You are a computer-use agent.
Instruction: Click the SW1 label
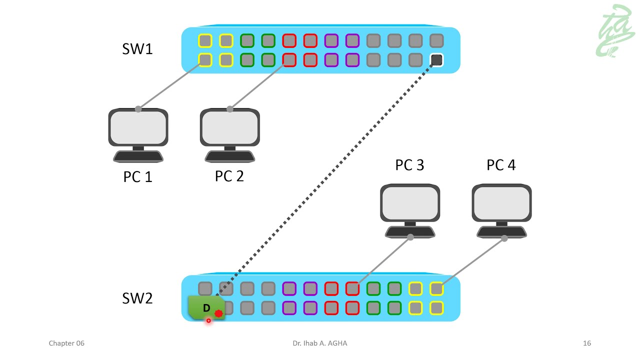coord(137,49)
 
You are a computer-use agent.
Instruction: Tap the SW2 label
coord(137,298)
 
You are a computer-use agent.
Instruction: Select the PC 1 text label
coord(137,177)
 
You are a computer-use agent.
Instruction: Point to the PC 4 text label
coord(501,165)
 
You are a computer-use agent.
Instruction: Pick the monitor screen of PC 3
coord(410,203)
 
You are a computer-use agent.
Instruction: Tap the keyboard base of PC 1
coord(138,156)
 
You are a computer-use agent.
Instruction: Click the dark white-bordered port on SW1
coord(436,60)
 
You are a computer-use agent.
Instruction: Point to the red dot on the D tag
coord(218,314)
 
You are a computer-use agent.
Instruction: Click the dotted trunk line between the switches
coord(325,175)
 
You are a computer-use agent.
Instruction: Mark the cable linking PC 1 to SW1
coord(170,85)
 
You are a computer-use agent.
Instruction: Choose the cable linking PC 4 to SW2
coord(472,263)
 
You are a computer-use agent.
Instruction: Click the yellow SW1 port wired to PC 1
coord(205,60)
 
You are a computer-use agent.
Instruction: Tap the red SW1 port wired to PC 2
coord(289,60)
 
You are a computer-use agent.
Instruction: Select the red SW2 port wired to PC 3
coord(352,288)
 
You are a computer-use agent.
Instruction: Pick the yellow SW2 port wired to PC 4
coord(436,288)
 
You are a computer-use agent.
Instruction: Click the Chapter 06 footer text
coord(66,343)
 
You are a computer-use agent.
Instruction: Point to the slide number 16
coord(587,343)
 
